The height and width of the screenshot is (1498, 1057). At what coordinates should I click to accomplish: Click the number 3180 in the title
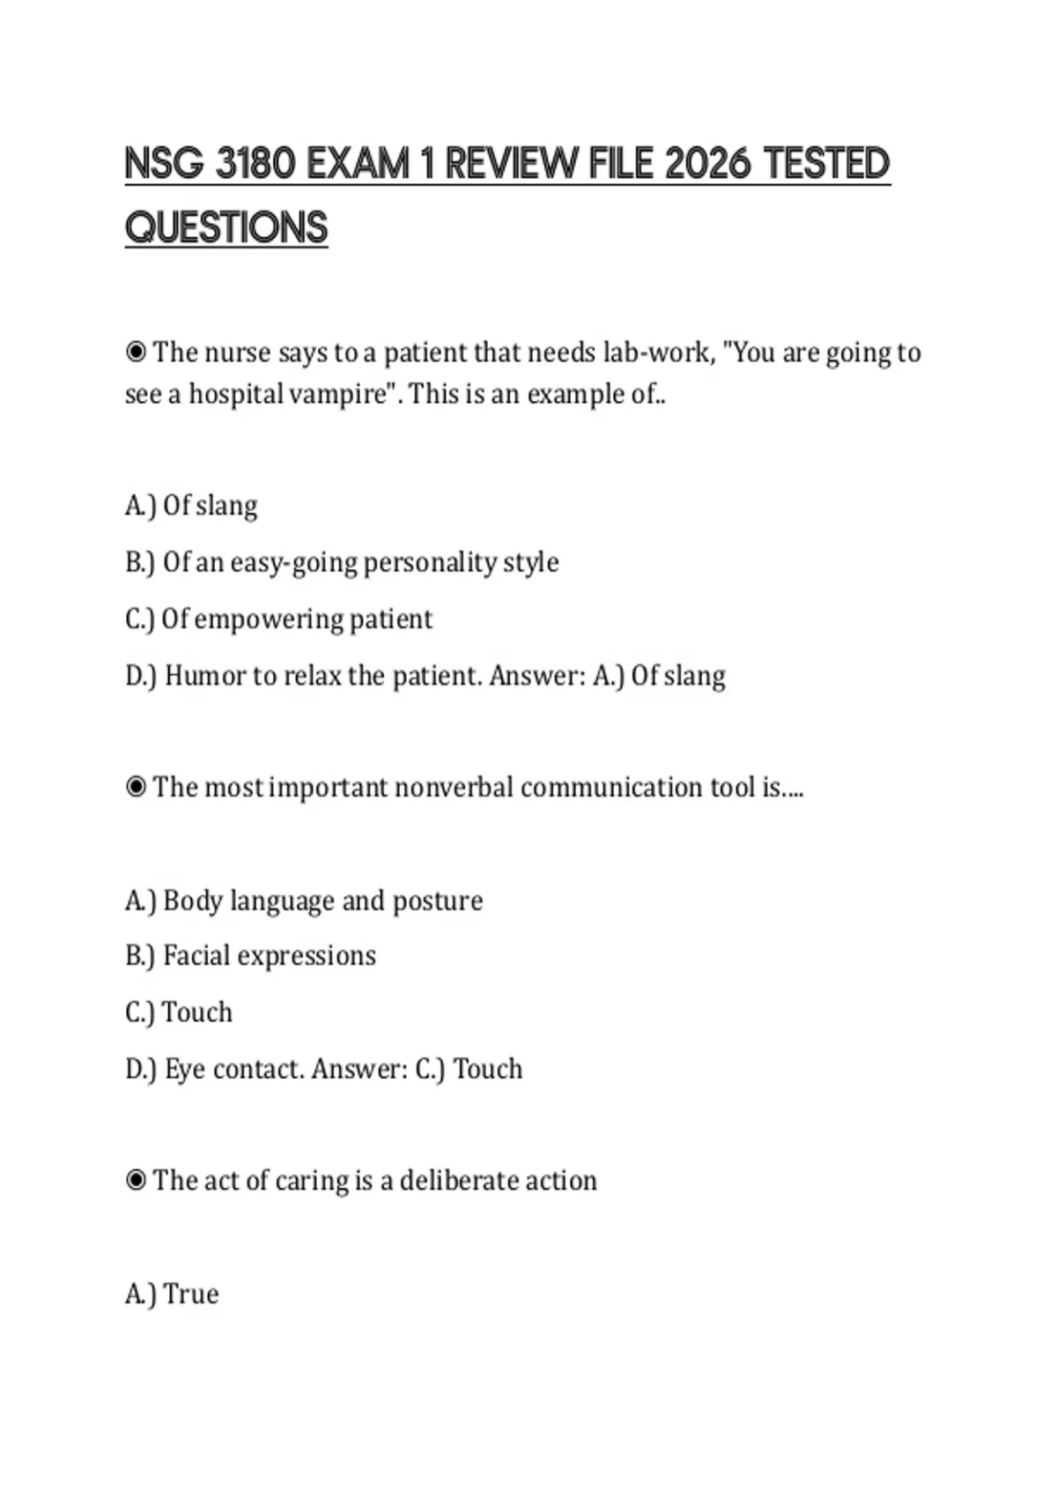255,164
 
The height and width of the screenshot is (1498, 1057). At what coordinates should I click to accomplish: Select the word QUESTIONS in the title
226,227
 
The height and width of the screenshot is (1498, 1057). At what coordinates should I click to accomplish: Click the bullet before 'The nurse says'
136,352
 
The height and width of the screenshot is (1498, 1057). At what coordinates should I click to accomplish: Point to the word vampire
336,394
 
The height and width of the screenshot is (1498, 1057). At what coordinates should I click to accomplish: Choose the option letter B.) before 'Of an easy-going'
140,562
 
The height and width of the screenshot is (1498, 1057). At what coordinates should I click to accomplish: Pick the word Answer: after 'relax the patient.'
537,676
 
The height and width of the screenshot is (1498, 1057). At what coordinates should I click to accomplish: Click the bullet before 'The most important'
136,787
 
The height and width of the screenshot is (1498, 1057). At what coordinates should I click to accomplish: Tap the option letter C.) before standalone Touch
140,1012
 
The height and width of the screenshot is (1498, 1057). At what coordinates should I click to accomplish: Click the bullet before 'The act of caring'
136,1180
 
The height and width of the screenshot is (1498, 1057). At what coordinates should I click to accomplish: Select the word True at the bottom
191,1294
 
